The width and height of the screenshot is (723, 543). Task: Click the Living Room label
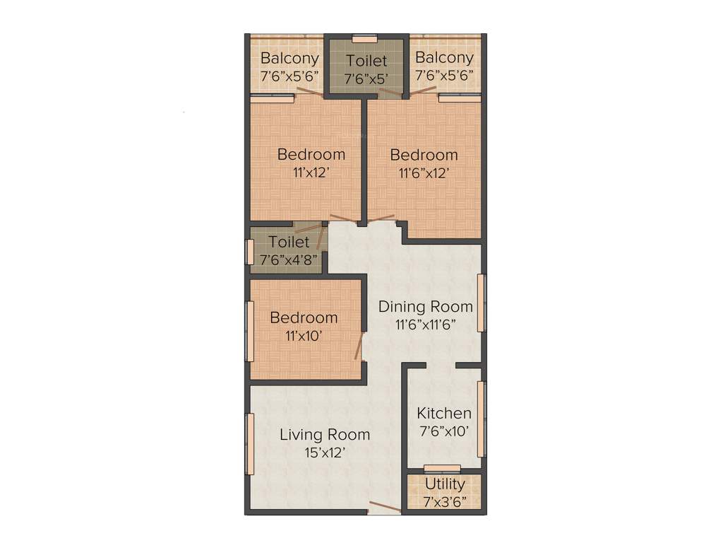tap(324, 434)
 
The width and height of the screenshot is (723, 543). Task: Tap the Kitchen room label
tap(444, 413)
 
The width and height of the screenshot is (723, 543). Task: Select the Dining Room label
tap(426, 307)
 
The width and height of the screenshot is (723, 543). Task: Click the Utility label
tap(445, 484)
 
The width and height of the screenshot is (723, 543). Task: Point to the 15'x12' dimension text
tap(324, 453)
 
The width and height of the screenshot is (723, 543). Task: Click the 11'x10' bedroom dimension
tap(304, 337)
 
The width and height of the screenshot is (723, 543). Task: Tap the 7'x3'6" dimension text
tap(445, 503)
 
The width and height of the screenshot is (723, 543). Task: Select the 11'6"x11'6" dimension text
tap(426, 325)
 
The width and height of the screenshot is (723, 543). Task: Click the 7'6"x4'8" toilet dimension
tap(288, 260)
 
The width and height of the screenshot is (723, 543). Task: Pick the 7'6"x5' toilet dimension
tap(366, 78)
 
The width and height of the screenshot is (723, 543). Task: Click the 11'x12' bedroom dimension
tap(311, 172)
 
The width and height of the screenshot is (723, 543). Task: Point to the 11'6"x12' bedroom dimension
tap(424, 173)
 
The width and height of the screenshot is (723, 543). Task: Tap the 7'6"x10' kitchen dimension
tap(444, 431)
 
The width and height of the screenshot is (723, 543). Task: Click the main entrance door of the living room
tap(385, 507)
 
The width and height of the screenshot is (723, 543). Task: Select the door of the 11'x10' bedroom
tap(359, 347)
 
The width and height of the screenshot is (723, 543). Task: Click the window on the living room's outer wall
tap(249, 443)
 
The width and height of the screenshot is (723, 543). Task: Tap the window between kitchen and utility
tap(442, 467)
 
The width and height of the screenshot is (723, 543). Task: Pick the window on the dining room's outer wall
tap(482, 302)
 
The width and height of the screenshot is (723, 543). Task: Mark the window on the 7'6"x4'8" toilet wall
tap(249, 252)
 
